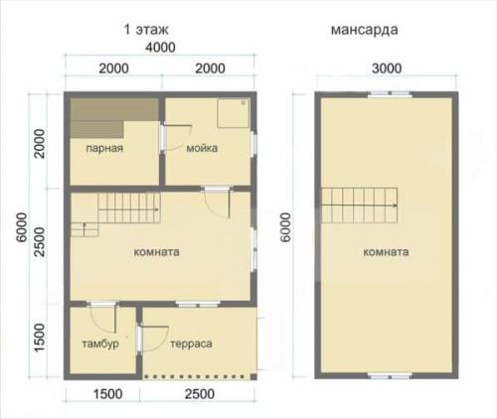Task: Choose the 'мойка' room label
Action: (x=202, y=148)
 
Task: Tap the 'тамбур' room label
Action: (x=100, y=344)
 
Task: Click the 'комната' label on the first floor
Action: (x=156, y=252)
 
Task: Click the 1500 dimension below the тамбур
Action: (x=107, y=394)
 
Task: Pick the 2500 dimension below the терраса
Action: (x=200, y=394)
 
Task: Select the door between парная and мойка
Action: (x=163, y=140)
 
